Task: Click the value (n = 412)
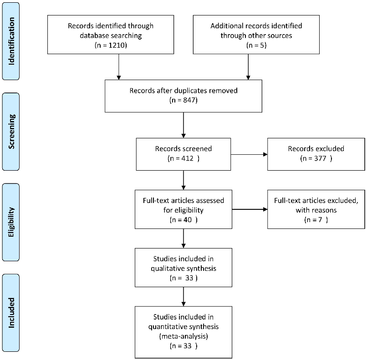pos(183,159)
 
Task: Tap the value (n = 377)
pos(316,159)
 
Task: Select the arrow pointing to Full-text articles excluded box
pos(249,210)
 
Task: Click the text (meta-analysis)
pos(183,337)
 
